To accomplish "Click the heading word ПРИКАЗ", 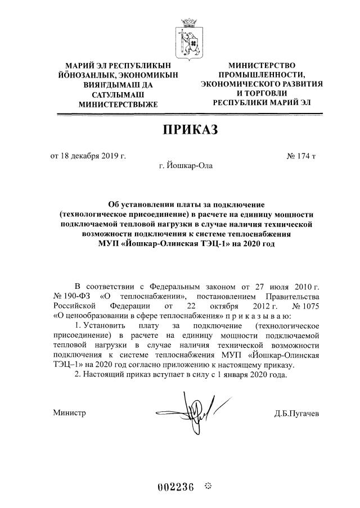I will pos(190,130).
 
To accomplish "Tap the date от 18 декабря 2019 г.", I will pos(88,155).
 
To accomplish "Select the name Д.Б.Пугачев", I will pos(297,414).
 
